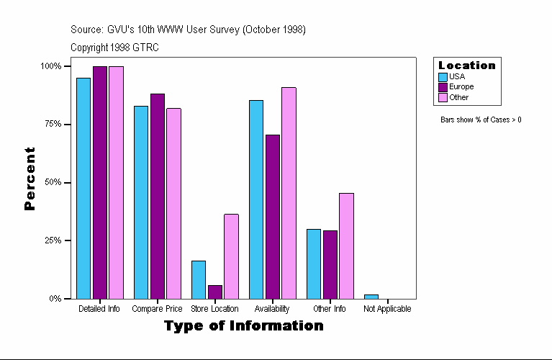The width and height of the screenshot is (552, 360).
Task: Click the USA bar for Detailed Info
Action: coord(83,188)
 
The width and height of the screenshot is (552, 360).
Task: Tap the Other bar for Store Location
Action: coord(231,256)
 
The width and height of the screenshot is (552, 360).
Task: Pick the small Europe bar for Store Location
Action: coord(215,292)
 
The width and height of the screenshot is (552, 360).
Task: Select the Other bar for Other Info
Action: coord(346,246)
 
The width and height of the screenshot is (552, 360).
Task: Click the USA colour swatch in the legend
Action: coord(443,76)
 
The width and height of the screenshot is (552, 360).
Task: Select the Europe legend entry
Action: coord(461,86)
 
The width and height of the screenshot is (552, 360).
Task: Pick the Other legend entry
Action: coord(458,97)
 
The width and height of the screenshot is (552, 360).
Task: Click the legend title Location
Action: coord(466,66)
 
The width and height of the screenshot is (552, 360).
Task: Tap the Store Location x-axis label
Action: coord(214,309)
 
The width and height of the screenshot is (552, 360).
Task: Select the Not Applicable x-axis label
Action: coord(387,309)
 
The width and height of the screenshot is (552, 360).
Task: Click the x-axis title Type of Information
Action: coord(243,326)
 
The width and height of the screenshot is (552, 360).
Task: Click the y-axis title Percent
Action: coord(30,179)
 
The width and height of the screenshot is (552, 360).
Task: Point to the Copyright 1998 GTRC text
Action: coord(114,48)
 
